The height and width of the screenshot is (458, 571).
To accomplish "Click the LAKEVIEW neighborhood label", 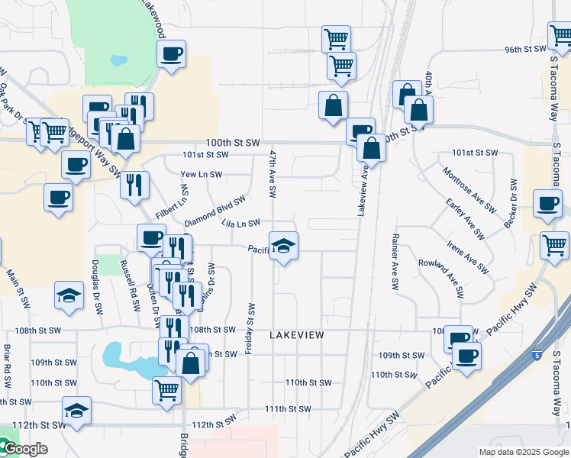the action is coord(297,335).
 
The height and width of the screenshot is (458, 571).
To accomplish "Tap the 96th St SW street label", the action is coord(525,50).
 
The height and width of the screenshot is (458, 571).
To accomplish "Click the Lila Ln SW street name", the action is coord(241,223).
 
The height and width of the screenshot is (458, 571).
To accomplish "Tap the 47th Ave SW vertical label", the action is coord(271,172).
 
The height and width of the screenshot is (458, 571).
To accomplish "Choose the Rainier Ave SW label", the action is coord(395,262).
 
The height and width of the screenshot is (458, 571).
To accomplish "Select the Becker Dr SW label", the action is coord(511,204).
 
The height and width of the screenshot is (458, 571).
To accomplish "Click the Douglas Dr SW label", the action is coord(97,287).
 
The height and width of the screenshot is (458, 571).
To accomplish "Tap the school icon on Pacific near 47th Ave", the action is coord(283,247).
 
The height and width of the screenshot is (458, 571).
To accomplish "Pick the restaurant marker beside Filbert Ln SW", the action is coord(134,185).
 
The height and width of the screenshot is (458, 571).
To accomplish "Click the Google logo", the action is coord(24,449).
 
